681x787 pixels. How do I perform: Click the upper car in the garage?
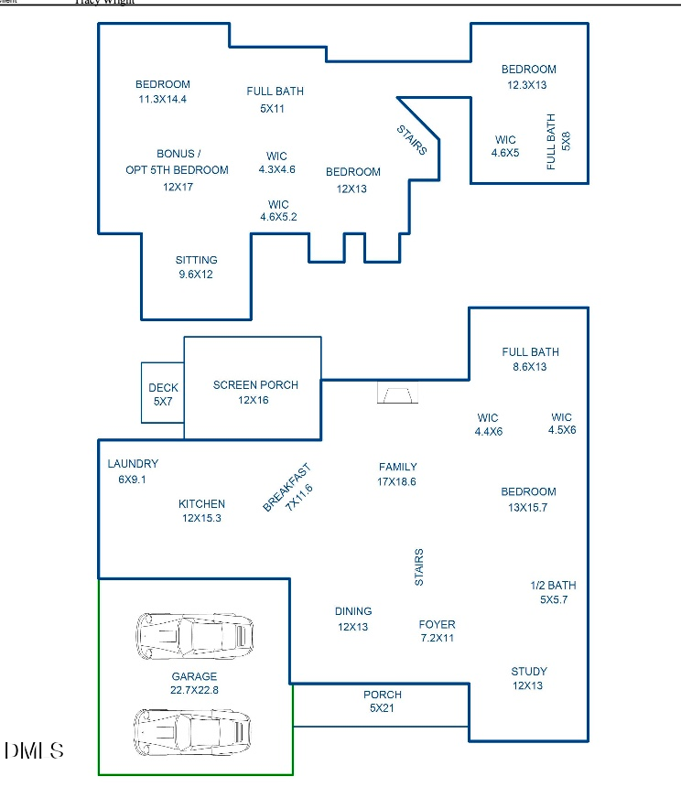[x=195, y=633]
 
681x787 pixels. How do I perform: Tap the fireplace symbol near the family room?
[x=397, y=393]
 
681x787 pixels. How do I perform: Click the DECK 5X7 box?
[x=163, y=393]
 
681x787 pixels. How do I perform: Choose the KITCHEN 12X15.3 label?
[x=201, y=511]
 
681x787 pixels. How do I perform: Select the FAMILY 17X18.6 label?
[x=397, y=474]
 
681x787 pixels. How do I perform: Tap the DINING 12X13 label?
[x=352, y=619]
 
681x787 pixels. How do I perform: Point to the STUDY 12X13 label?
[x=528, y=678]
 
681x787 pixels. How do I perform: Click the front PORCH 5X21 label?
[x=382, y=701]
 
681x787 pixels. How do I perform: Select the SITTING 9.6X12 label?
[x=196, y=266]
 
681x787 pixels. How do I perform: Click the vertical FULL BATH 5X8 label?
[x=558, y=142]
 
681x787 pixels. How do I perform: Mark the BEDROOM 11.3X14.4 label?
[x=162, y=92]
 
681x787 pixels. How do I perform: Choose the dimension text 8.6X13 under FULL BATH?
[x=530, y=367]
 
